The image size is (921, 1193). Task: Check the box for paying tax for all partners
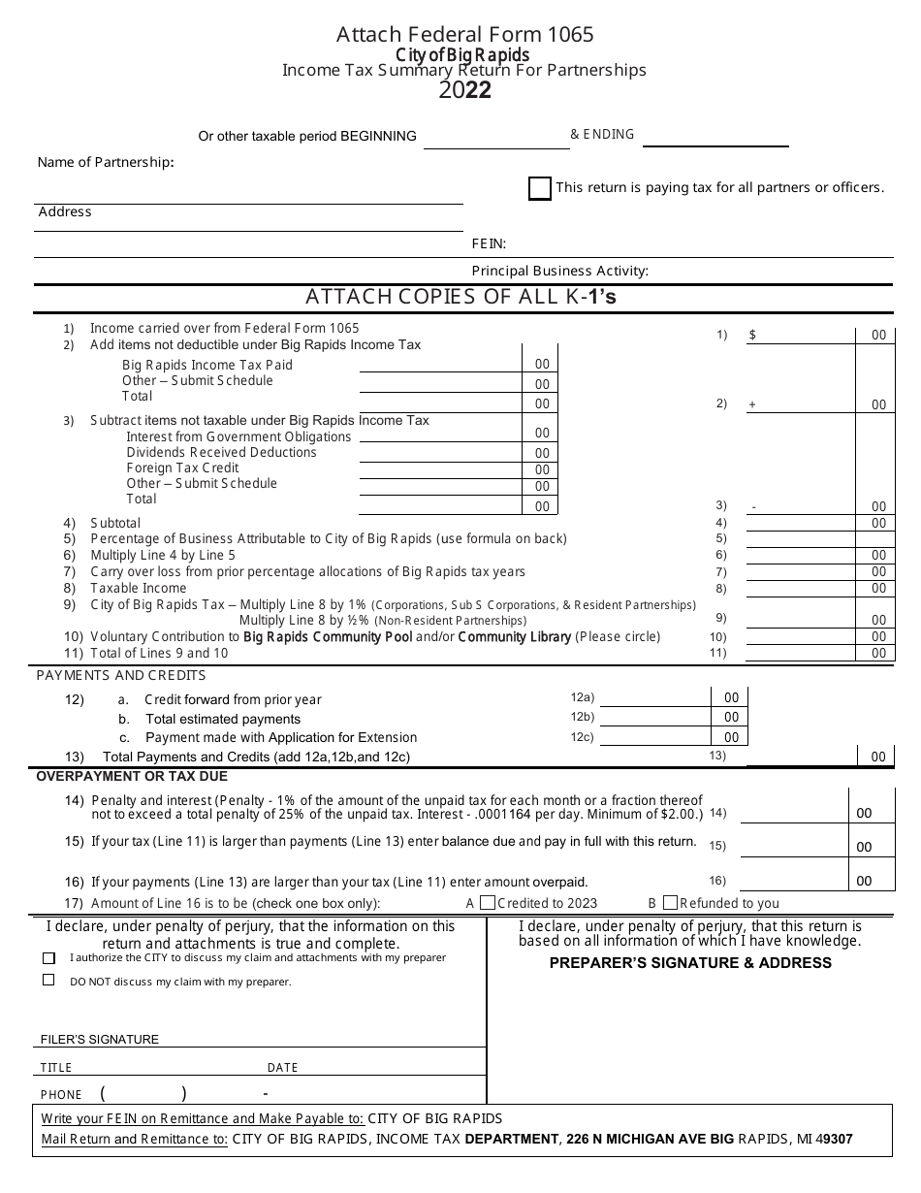point(540,188)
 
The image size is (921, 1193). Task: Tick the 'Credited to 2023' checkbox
point(488,902)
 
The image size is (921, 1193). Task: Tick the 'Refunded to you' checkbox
point(671,902)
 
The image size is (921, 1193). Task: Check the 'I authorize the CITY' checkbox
point(48,957)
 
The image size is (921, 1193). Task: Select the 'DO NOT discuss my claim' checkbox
point(48,981)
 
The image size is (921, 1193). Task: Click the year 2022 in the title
point(464,90)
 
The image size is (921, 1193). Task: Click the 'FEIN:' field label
point(489,244)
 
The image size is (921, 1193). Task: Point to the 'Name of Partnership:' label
point(106,162)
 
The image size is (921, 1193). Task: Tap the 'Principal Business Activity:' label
point(559,272)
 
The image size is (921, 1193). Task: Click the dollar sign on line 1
point(752,335)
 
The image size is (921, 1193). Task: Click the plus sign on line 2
point(752,404)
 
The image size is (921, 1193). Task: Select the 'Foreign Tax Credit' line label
point(182,468)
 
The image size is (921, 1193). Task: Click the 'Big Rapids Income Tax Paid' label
point(206,365)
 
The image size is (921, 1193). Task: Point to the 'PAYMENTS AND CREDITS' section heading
point(121,675)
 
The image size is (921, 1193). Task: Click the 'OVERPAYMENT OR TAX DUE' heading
point(132,776)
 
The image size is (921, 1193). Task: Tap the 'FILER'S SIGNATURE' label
point(100,1039)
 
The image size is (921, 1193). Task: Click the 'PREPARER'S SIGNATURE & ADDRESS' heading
point(690,962)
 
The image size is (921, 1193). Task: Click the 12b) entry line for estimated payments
point(654,718)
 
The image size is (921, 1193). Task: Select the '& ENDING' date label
point(602,135)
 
